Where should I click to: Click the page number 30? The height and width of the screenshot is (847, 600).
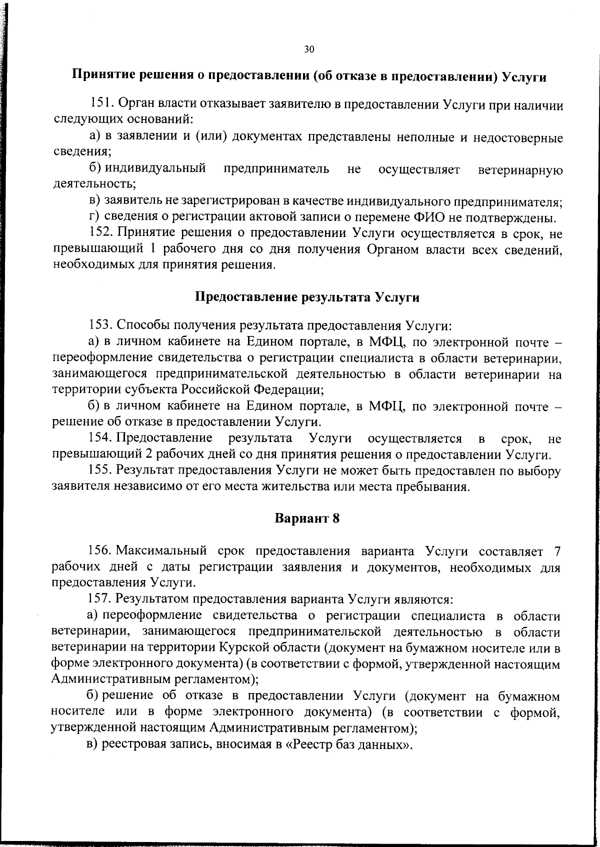pyautogui.click(x=308, y=49)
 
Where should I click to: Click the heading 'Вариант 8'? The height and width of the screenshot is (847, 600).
pyautogui.click(x=307, y=518)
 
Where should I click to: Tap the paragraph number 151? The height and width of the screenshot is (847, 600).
pyautogui.click(x=102, y=105)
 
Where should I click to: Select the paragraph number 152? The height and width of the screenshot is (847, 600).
pyautogui.click(x=102, y=233)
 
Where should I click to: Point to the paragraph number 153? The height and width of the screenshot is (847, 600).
pyautogui.click(x=101, y=326)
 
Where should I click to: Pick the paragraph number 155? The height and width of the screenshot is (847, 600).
pyautogui.click(x=100, y=470)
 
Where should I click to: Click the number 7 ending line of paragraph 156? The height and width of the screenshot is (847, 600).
pyautogui.click(x=556, y=551)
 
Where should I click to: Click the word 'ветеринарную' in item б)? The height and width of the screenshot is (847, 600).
pyautogui.click(x=520, y=170)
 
